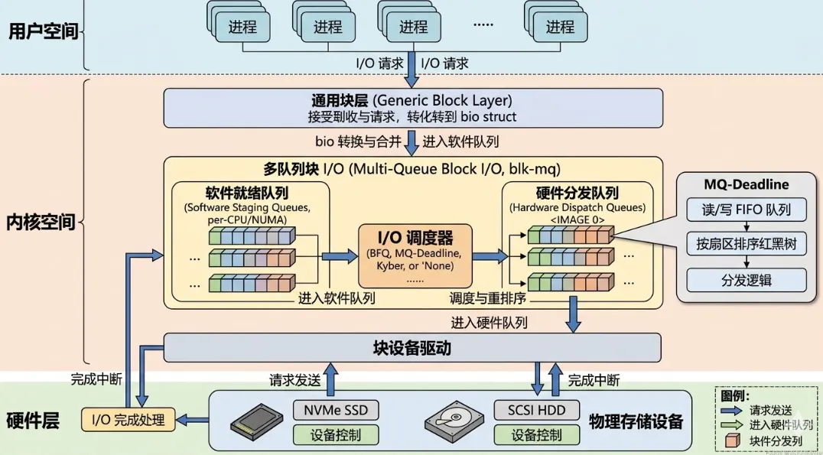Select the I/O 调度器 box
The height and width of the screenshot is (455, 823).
click(416, 255)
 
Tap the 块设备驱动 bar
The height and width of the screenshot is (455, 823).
click(411, 348)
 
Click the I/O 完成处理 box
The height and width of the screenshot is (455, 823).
click(128, 418)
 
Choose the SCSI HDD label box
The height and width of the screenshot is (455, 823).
click(535, 410)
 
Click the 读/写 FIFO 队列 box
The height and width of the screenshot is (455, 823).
click(746, 209)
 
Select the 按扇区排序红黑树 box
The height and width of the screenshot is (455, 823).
click(746, 245)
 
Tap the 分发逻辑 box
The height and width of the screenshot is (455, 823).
click(746, 280)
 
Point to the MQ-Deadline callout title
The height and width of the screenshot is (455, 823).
click(746, 184)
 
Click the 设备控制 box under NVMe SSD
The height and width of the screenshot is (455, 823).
click(335, 435)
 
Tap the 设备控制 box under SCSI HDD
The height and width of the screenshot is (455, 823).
click(535, 435)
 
